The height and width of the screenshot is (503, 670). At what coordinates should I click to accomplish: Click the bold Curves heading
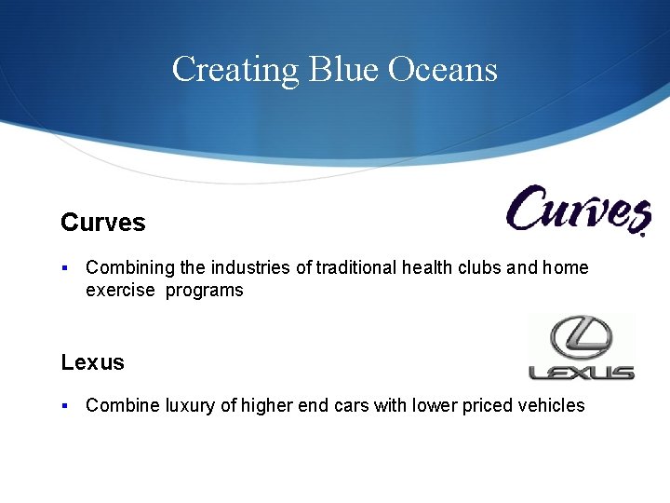point(103,223)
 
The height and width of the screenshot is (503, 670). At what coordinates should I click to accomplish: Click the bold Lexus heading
point(92,362)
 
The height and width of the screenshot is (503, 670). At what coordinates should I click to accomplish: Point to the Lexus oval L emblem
point(581,337)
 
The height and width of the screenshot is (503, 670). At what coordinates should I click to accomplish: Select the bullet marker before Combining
point(64,268)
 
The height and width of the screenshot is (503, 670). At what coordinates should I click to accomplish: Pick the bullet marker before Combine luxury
point(64,405)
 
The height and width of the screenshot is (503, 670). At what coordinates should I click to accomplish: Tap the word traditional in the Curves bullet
point(356,268)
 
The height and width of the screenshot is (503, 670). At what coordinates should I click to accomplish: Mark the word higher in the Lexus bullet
point(269,405)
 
